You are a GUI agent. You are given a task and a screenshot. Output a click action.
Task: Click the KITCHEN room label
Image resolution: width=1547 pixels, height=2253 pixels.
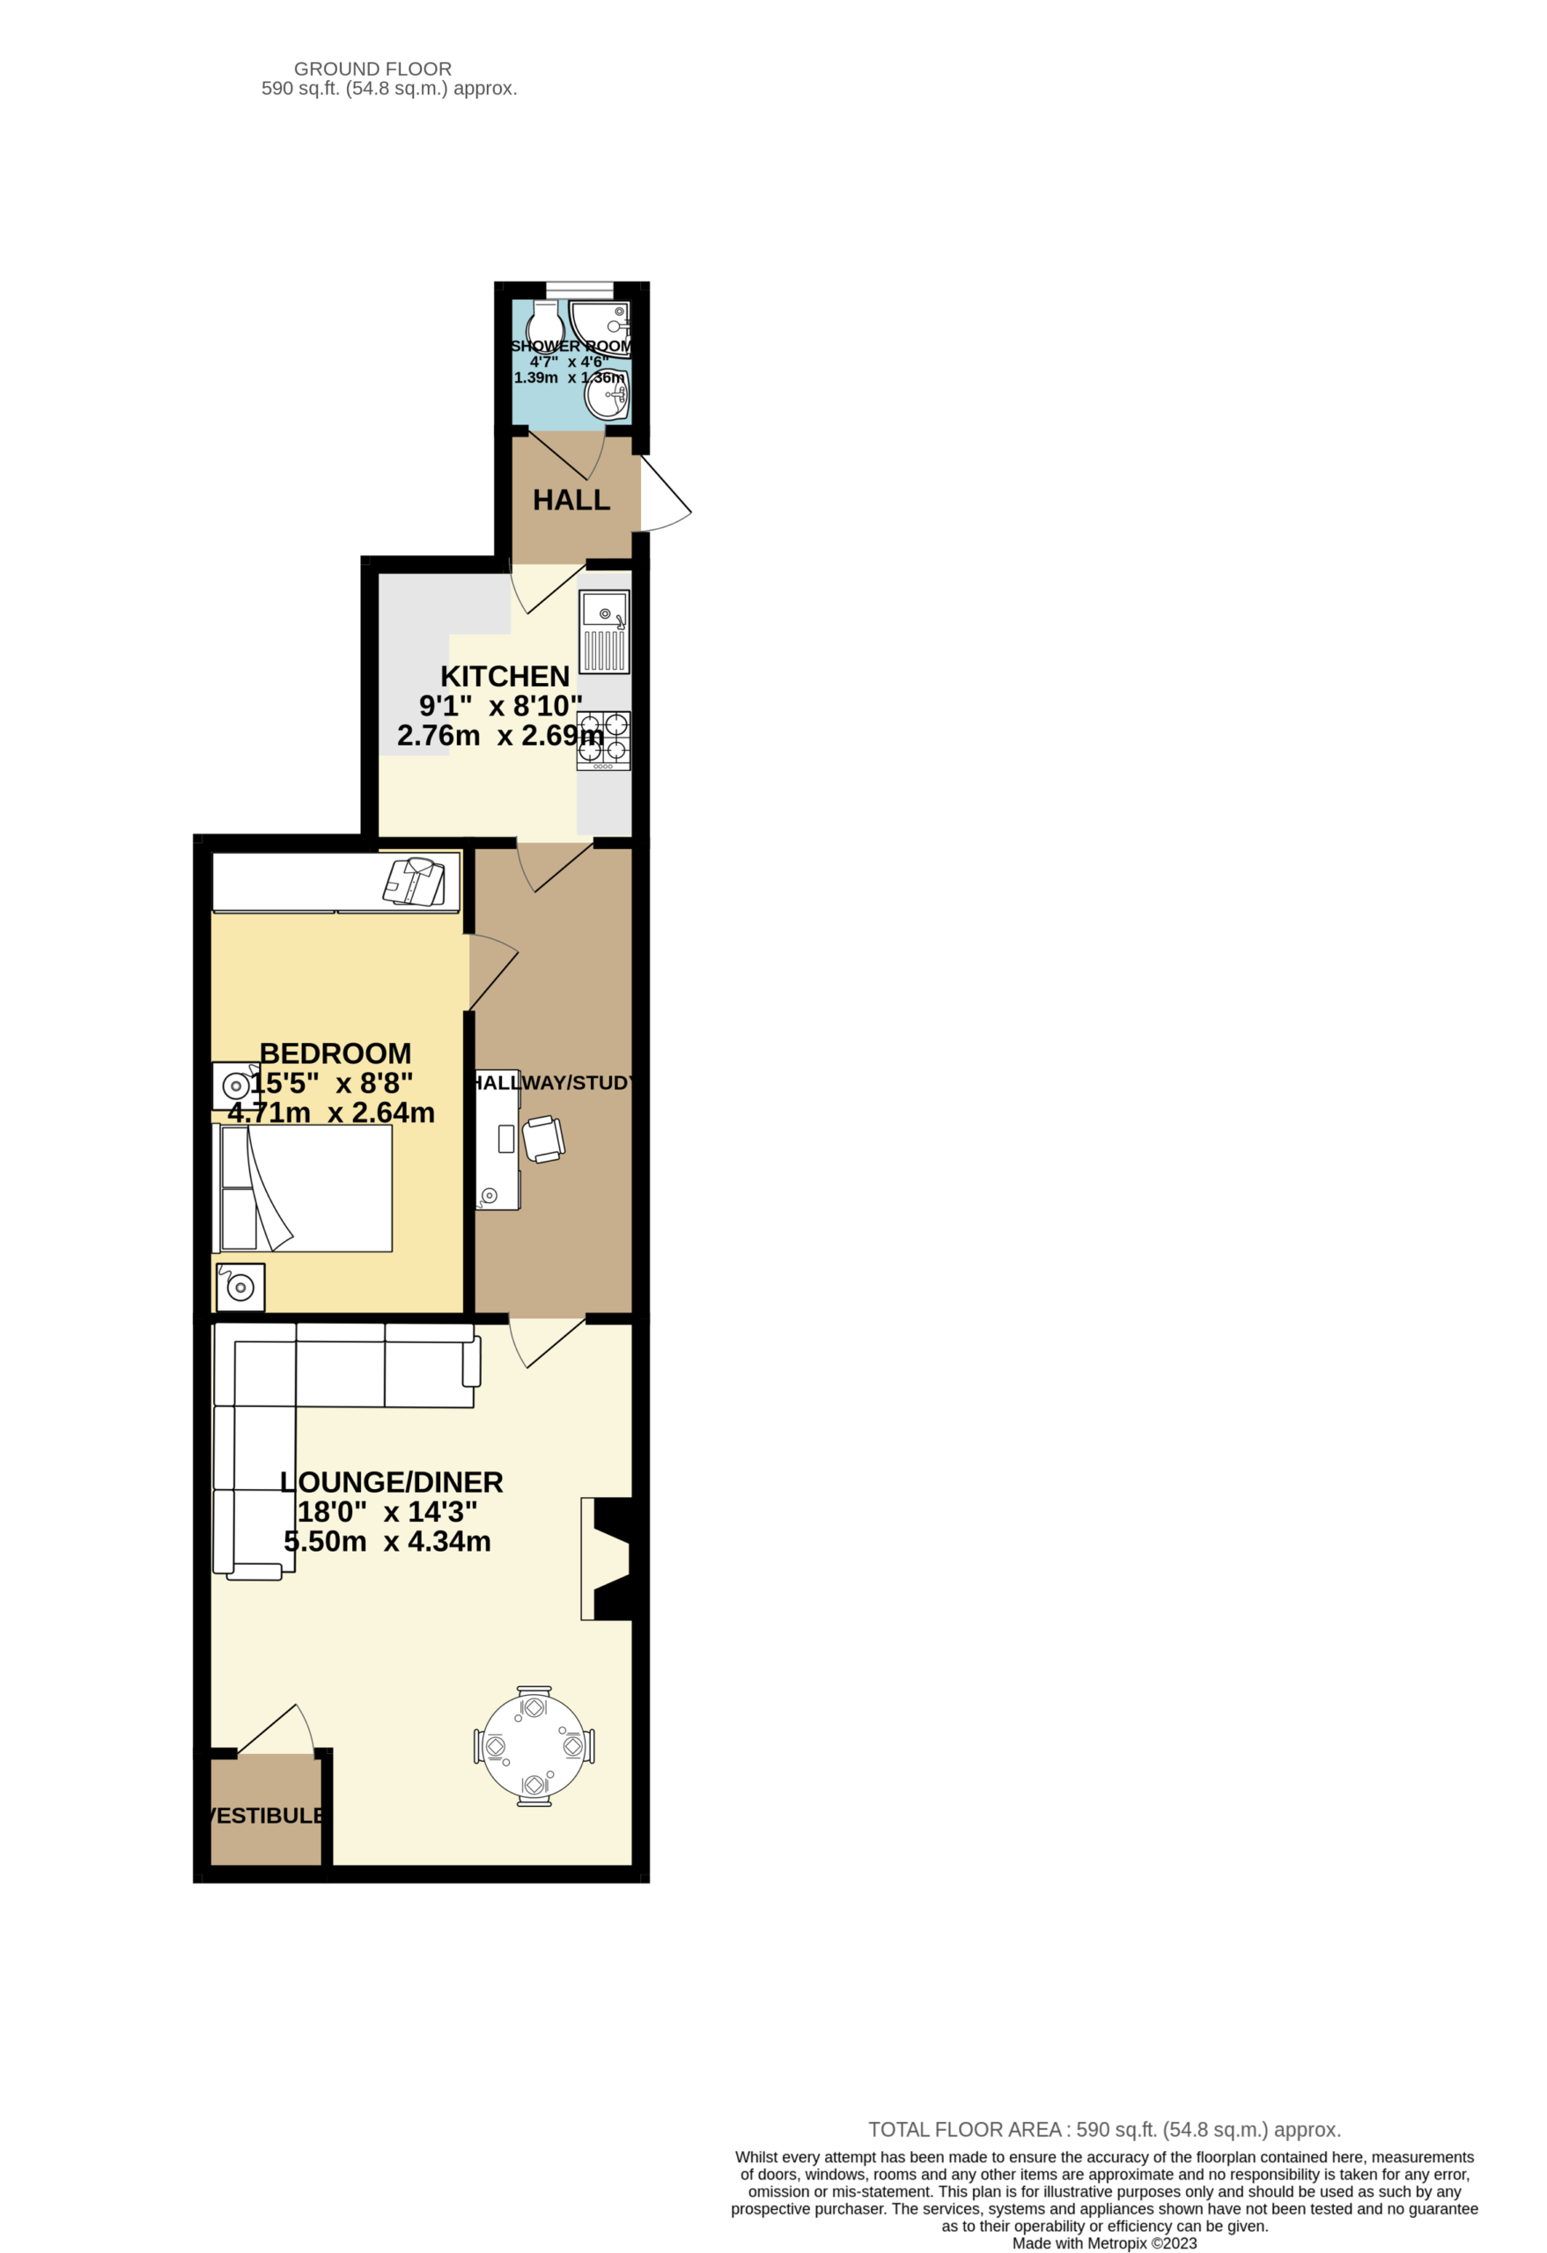point(505,676)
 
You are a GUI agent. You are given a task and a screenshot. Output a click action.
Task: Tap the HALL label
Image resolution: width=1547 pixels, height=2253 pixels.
point(571,500)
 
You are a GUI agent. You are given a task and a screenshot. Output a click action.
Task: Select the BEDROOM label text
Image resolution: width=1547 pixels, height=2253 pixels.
point(335,1053)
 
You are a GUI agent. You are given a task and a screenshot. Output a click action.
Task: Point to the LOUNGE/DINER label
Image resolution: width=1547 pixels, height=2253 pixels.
point(391,1482)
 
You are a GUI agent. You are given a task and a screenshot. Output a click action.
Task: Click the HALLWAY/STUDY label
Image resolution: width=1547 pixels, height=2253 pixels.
point(553,1082)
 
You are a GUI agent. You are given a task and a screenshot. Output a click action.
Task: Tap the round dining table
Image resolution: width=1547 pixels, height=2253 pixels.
point(534,1746)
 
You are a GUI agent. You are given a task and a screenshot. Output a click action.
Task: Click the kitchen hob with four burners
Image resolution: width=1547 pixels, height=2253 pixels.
point(603,741)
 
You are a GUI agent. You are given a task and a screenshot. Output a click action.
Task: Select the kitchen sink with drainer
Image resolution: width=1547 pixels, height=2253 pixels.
point(604,631)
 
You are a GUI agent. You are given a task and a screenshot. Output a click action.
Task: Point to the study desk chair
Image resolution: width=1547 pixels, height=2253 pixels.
point(543,1139)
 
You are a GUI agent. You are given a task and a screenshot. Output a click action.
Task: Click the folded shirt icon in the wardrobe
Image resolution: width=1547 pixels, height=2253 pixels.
point(415,881)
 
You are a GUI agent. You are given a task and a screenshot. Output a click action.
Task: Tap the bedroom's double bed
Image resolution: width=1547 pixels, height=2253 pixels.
point(302,1187)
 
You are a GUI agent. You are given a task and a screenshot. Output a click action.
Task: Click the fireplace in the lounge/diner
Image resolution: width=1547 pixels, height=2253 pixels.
point(606,1558)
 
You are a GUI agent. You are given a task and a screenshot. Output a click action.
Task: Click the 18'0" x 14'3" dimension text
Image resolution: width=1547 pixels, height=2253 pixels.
point(387,1512)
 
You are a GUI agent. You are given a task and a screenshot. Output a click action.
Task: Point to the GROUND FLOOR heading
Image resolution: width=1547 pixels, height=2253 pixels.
point(372,69)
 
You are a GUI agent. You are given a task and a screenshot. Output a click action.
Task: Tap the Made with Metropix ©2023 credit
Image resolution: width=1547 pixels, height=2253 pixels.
point(1105,2243)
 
